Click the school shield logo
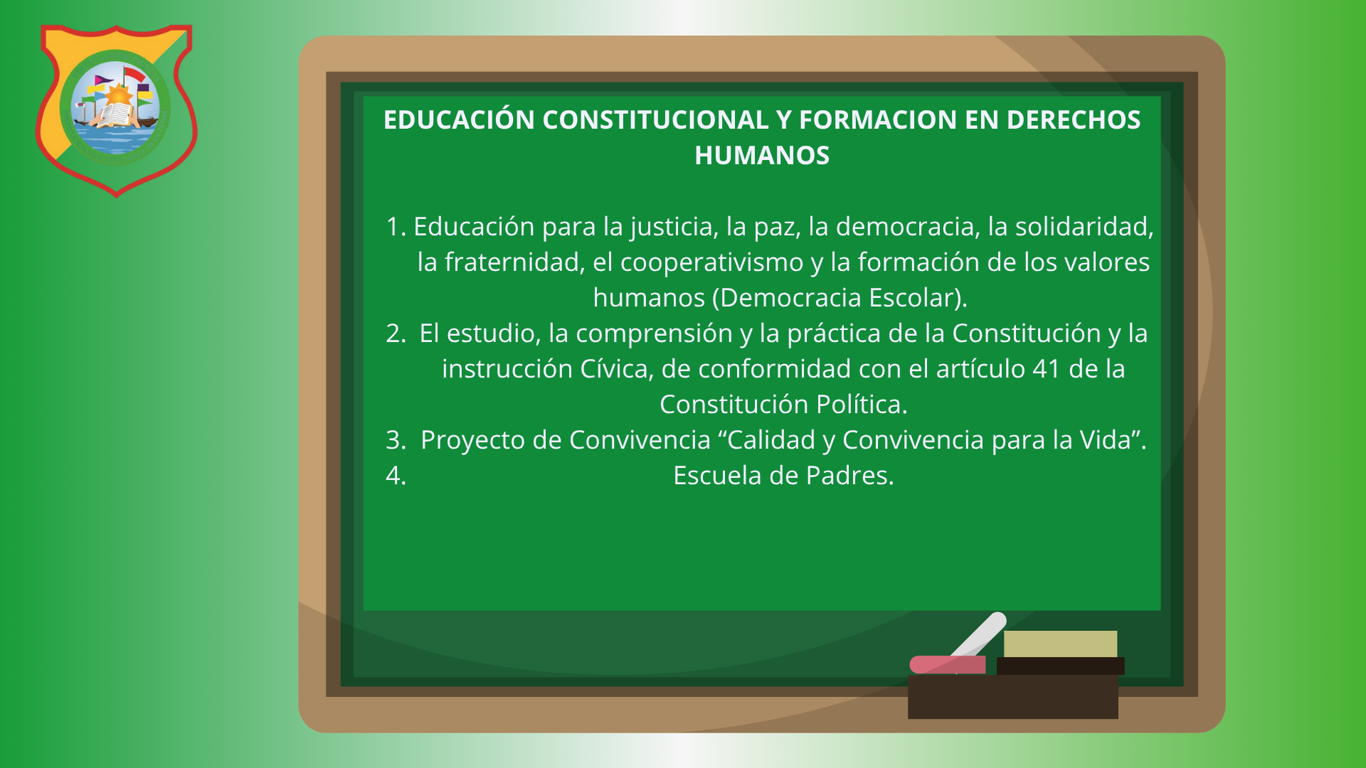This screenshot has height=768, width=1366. [117, 110]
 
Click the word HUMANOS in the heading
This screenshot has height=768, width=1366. [762, 156]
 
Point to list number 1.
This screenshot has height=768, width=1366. [396, 227]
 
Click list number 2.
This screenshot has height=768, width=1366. [396, 334]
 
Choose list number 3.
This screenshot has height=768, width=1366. [396, 440]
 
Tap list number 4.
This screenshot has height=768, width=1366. [396, 476]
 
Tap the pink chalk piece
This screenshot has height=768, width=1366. [948, 664]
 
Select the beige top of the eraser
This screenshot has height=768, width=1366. [1060, 644]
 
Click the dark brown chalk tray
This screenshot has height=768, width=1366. [1012, 697]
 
